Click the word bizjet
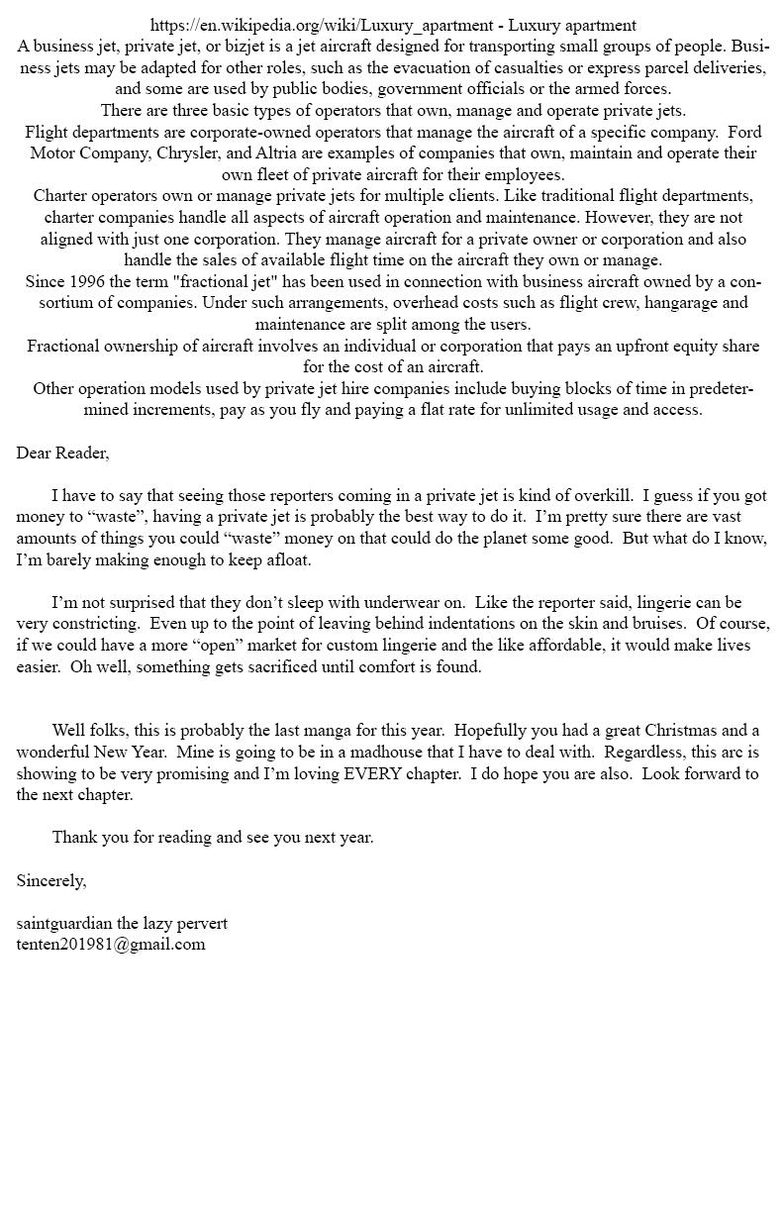[x=263, y=47]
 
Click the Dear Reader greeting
[x=62, y=454]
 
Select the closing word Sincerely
[x=50, y=880]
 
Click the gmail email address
[x=111, y=945]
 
